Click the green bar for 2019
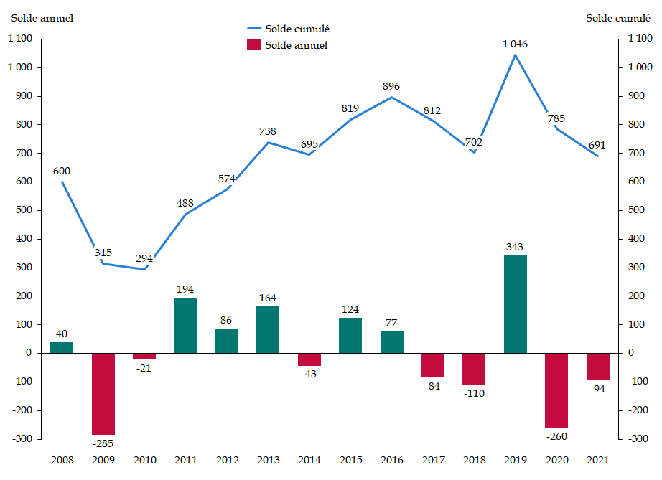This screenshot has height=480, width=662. [x=515, y=304]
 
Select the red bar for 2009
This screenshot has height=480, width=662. [x=103, y=393]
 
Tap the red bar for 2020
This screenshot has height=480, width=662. [x=556, y=390]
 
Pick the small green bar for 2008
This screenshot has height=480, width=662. [x=62, y=347]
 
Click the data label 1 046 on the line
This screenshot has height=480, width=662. [x=515, y=44]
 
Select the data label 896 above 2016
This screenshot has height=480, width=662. [x=391, y=86]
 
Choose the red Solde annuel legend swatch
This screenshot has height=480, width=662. [x=253, y=45]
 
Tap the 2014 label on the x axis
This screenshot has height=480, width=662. [x=309, y=460]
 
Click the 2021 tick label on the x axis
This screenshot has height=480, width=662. [x=597, y=460]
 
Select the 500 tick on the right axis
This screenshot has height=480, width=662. [x=638, y=210]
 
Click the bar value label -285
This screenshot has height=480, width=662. [x=103, y=443]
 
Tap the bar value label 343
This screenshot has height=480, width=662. [x=515, y=247]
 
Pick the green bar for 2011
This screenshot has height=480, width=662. [x=185, y=325]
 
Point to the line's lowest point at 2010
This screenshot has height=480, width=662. [x=144, y=269]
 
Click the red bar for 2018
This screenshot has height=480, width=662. [x=474, y=369]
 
